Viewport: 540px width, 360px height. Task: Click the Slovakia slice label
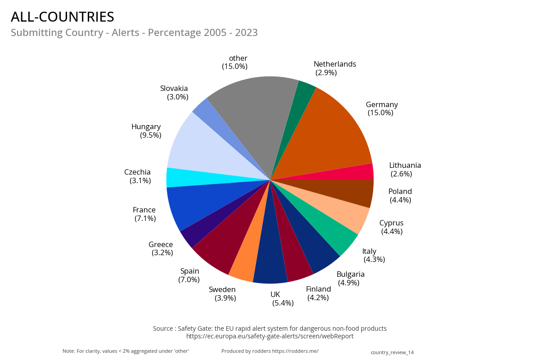175,93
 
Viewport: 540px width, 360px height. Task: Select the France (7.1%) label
144,214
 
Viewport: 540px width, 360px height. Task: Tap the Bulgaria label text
351,274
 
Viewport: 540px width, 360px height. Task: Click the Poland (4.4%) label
400,196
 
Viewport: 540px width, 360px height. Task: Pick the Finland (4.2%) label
318,293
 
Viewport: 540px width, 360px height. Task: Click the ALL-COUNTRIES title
63,17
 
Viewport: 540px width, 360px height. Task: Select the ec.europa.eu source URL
270,336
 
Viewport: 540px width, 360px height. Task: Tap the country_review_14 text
392,352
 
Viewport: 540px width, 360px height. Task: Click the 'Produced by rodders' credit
270,351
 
